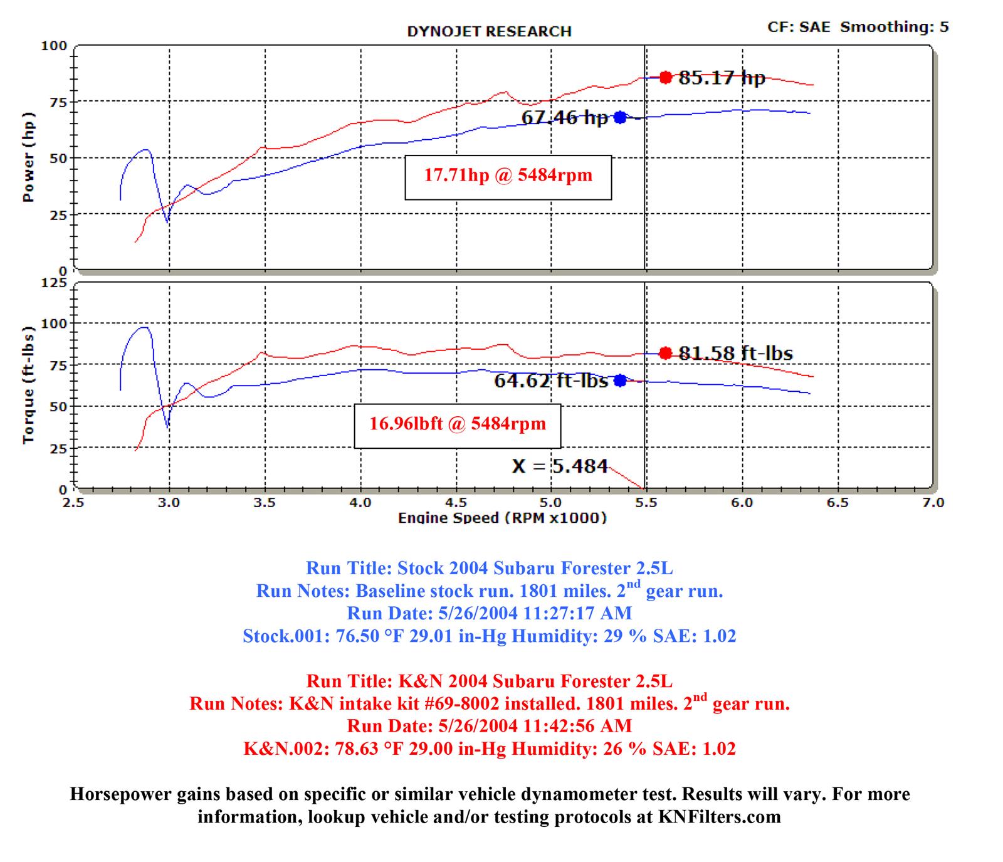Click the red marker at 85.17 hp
[666, 78]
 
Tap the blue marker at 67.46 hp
[620, 117]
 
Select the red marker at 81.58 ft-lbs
[666, 354]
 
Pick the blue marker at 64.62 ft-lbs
[620, 381]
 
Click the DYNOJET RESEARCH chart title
[489, 31]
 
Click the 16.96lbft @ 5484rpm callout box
[457, 424]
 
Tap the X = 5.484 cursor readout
[560, 466]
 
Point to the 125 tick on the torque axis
[53, 283]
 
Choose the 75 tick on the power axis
[58, 102]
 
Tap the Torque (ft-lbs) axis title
[28, 385]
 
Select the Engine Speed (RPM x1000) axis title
[502, 518]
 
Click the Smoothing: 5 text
[895, 27]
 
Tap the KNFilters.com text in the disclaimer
[719, 817]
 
